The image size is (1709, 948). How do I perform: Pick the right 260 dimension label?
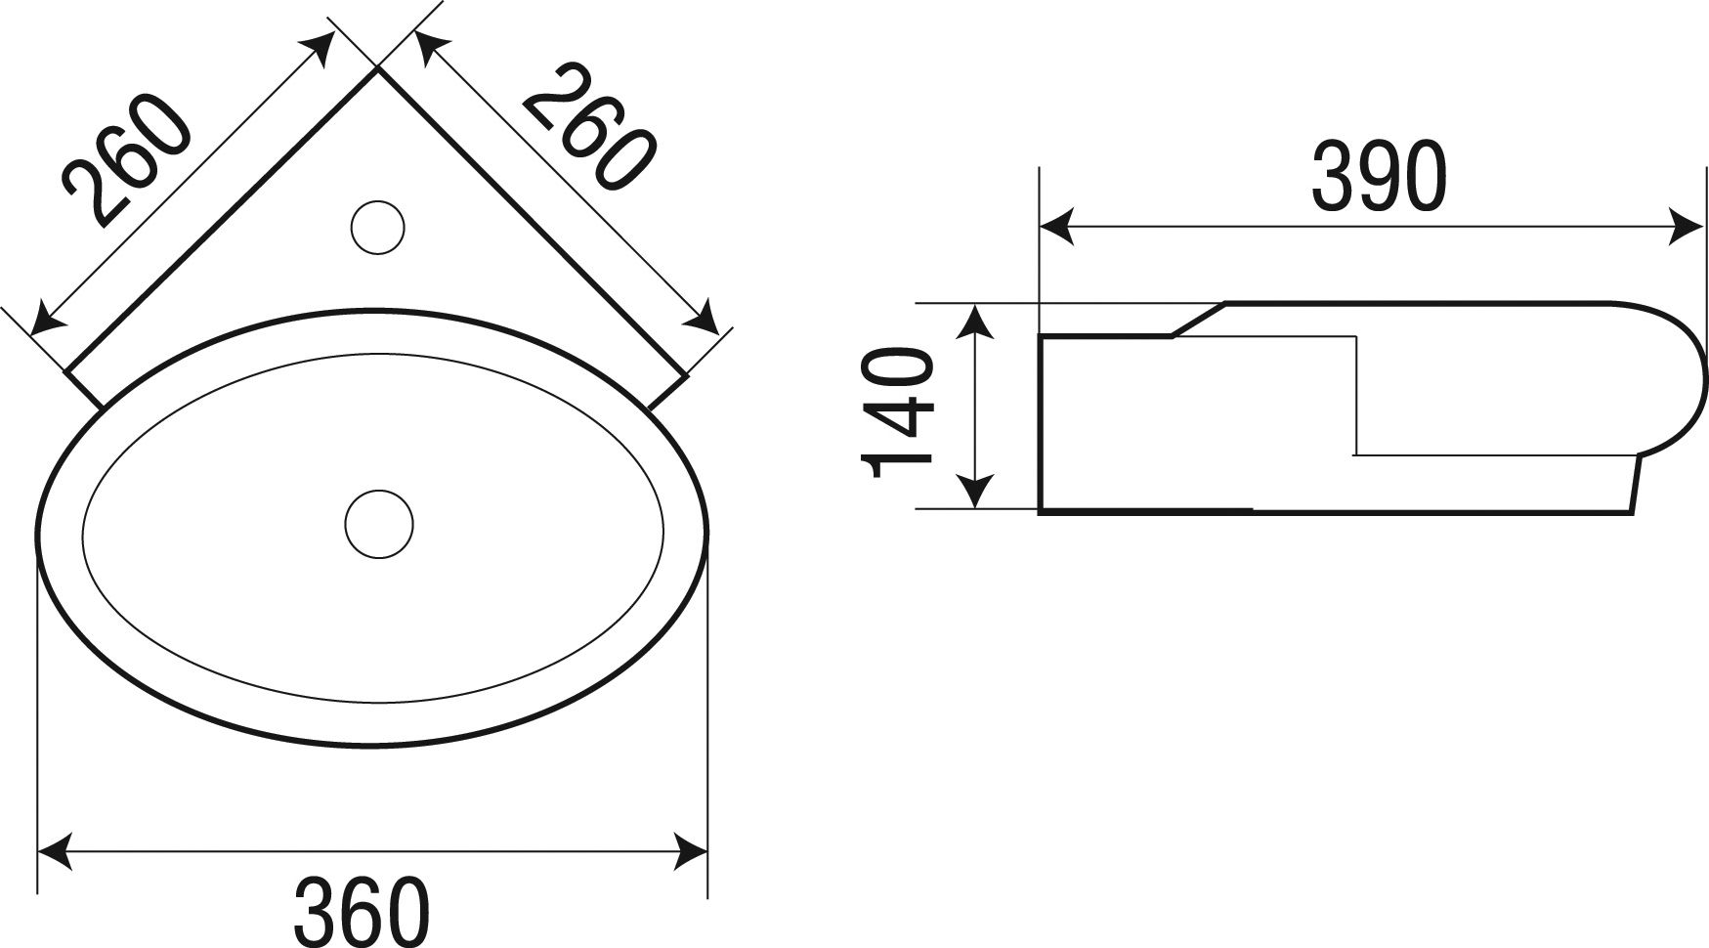coord(588,125)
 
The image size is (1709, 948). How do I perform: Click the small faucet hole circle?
coord(377,227)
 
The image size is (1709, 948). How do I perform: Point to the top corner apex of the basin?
coord(377,68)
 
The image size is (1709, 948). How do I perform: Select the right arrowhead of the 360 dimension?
coord(689,849)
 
